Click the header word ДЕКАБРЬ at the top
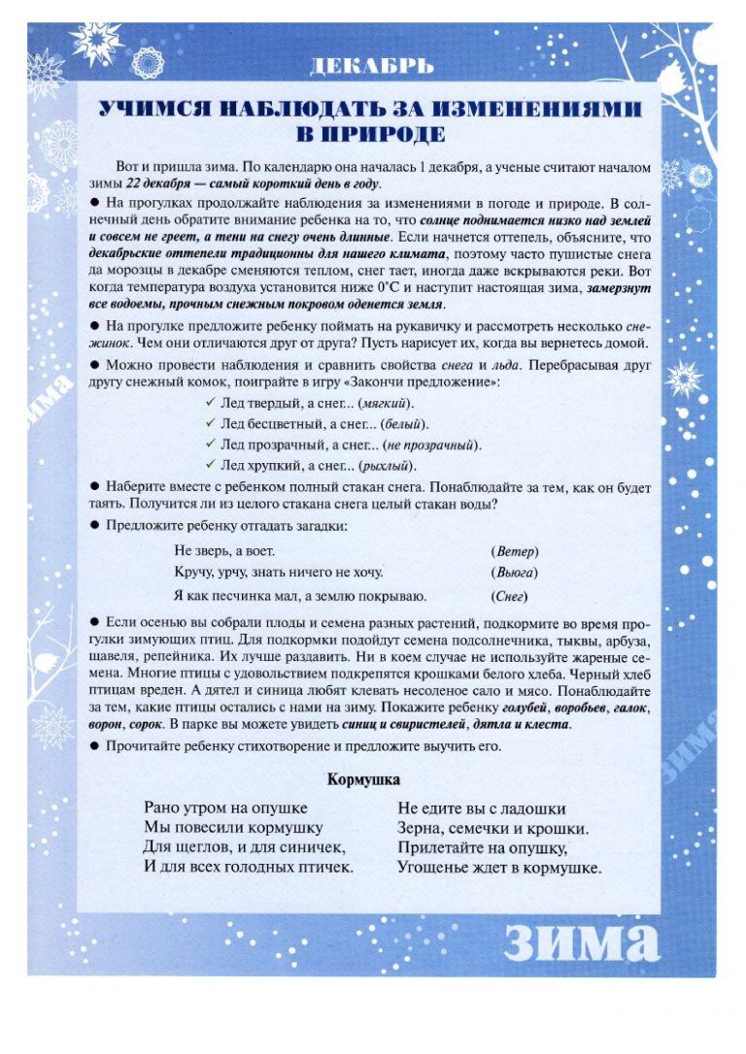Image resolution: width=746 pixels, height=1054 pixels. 371,66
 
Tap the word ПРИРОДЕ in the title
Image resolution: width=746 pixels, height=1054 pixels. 372,132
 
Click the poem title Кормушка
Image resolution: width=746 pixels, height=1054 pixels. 363,778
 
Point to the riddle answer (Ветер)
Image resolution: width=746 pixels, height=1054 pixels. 514,550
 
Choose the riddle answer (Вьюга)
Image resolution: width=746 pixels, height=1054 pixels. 515,573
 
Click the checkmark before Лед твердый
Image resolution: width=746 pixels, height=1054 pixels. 210,403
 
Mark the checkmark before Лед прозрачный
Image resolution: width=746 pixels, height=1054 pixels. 210,445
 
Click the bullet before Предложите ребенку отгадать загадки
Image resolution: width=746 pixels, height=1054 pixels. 95,525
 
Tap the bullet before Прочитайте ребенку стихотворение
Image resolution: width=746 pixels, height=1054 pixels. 95,745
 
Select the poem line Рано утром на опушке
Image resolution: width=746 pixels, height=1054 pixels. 225,807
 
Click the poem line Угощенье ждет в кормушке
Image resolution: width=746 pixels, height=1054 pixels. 499,868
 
